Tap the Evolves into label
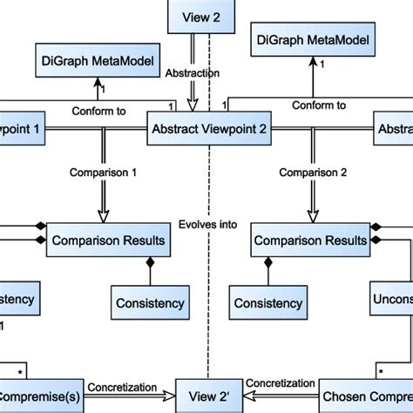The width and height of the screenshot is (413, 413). point(206,224)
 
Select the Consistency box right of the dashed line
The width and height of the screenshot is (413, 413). point(268,303)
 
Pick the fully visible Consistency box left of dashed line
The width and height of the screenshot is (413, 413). point(150,303)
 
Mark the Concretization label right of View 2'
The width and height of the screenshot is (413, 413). point(281,384)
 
